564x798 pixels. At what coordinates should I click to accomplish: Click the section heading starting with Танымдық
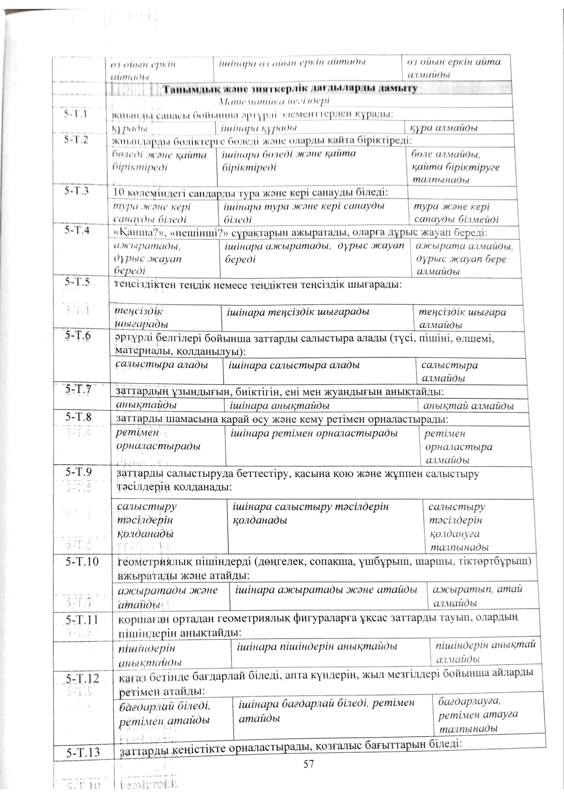[x=290, y=89]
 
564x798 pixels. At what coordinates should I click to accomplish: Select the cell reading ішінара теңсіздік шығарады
[x=298, y=312]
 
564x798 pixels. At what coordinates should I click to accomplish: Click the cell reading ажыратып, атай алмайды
[x=478, y=596]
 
